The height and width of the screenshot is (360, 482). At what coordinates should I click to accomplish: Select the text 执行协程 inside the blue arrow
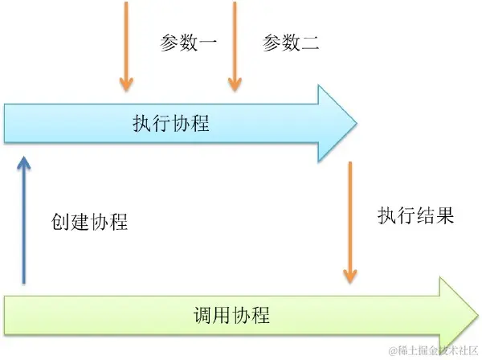171,125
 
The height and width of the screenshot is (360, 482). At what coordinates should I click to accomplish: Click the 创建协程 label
90,222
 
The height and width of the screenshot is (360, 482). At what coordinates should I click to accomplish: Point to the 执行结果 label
416,216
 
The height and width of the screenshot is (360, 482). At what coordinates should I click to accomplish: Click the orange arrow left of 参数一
125,44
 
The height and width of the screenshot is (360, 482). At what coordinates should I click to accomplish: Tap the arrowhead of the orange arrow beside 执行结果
349,276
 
